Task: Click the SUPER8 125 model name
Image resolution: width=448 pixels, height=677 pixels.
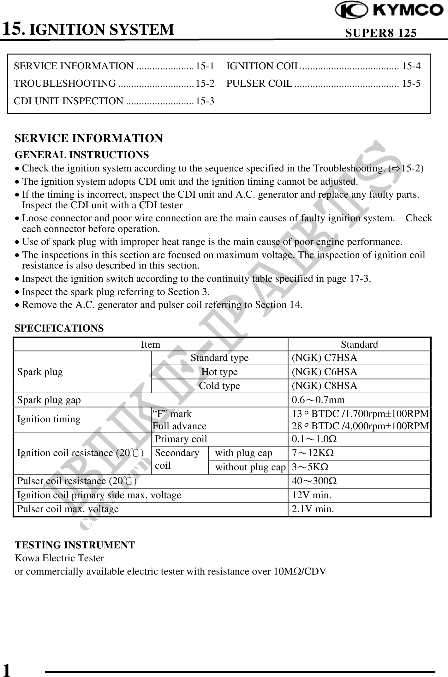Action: [381, 33]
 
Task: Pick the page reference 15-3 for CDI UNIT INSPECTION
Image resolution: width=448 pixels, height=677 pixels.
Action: [205, 101]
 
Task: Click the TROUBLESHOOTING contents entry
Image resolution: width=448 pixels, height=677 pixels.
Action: [65, 84]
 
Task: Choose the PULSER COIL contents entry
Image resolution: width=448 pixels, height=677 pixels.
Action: [260, 84]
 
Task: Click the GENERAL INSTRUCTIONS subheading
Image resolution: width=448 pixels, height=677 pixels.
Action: [82, 155]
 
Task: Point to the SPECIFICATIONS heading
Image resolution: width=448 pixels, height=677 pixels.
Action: [59, 328]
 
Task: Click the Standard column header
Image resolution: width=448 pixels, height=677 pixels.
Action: [359, 344]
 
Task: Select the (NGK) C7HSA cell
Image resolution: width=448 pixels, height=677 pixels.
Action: [325, 358]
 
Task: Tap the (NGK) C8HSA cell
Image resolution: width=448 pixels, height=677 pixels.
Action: [325, 386]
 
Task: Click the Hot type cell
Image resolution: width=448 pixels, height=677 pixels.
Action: [219, 372]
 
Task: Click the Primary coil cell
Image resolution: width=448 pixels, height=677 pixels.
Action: [181, 439]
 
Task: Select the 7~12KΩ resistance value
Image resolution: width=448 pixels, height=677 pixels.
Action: [313, 453]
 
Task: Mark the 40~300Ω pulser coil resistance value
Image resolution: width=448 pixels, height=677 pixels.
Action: [314, 481]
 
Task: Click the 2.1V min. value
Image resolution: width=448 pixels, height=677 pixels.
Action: [313, 509]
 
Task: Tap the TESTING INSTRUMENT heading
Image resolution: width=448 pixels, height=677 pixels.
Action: [75, 545]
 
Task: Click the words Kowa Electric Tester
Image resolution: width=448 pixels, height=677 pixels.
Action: [59, 558]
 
